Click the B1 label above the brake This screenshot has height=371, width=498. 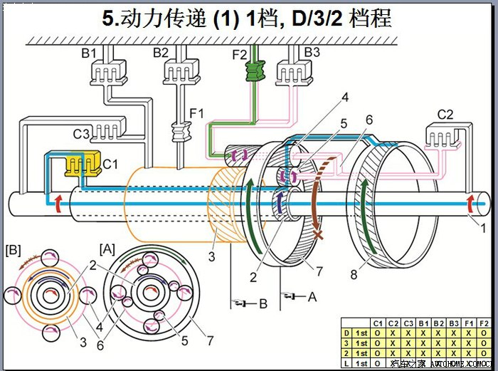coord(89,53)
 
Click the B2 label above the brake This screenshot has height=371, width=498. coord(160,53)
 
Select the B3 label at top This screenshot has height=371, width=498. coord(312,53)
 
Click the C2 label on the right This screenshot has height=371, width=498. coord(445,114)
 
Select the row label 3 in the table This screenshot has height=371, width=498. coord(346,343)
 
